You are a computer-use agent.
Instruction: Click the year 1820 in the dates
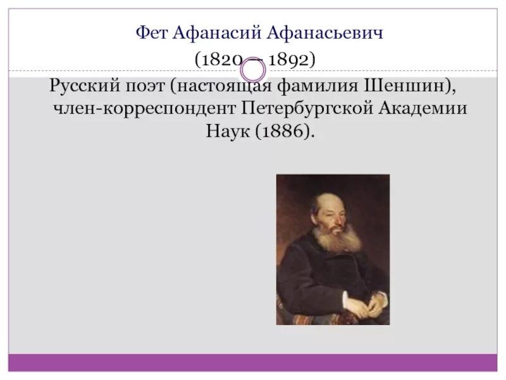221,60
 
